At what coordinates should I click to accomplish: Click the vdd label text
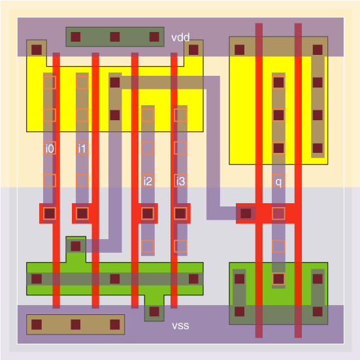pos(180,37)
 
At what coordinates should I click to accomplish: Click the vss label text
pos(180,325)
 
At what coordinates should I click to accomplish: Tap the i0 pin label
pos(50,148)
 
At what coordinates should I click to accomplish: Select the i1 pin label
pos(82,148)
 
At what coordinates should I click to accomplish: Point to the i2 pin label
pos(148,181)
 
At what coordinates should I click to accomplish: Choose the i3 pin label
pos(180,181)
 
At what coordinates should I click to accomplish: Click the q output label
pos(278,182)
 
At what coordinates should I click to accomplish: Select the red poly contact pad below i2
pos(148,214)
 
